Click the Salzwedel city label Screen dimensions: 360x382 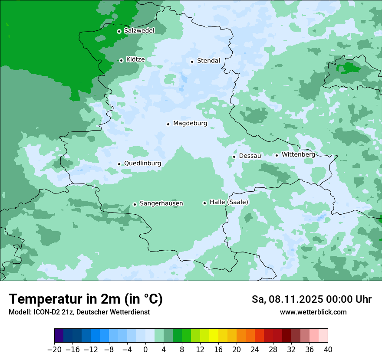point(139,31)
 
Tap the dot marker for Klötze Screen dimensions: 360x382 point(121,60)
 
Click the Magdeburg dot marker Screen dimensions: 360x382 point(168,124)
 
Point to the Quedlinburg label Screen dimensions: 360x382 point(142,164)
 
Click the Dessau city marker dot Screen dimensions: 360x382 point(234,157)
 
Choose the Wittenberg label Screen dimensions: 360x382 point(298,154)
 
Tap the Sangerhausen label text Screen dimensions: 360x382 point(161,203)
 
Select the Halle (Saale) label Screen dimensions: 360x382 point(229,202)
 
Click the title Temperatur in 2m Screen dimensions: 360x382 point(86,299)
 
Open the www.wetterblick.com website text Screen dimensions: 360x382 point(313,312)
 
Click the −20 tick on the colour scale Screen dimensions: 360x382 point(54,350)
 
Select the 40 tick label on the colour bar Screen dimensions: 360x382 point(328,350)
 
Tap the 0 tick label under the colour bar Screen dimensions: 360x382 point(145,350)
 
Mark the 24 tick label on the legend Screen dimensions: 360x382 point(255,350)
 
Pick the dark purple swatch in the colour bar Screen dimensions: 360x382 point(59,336)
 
